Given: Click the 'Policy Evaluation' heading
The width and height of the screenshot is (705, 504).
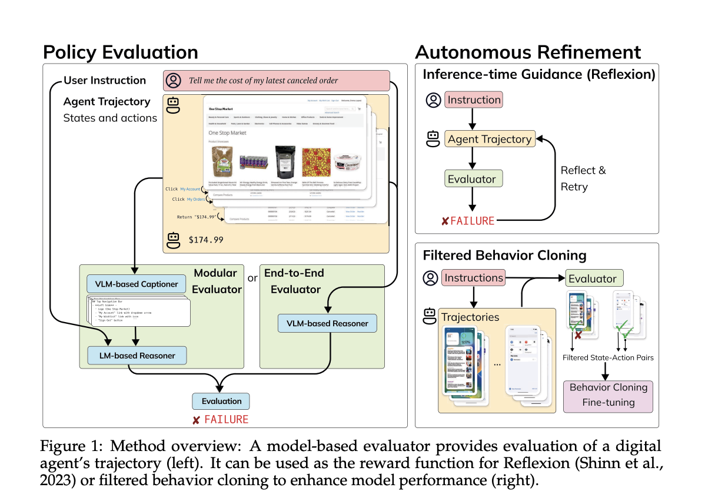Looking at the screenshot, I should [121, 52].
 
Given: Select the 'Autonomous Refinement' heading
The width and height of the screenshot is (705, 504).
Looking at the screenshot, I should [528, 52].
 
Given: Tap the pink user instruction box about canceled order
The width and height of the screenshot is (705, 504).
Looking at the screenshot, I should [277, 81].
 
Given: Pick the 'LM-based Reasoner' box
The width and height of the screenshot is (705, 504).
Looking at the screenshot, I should [136, 355].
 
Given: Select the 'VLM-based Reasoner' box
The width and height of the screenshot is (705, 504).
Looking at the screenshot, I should [327, 323].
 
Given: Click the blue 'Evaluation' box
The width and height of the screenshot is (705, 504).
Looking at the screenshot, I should [221, 401].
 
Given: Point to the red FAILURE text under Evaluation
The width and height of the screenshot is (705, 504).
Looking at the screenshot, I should [221, 420].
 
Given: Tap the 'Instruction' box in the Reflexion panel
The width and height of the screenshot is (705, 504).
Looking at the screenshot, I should [473, 100].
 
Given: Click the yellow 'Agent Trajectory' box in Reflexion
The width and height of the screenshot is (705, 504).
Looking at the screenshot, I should [489, 140].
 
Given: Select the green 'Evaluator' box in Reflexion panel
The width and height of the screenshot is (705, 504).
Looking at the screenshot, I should [473, 179].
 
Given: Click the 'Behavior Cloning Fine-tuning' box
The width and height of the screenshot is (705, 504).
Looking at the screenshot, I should [608, 395].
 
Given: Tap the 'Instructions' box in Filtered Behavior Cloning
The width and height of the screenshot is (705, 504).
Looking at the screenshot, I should [473, 278].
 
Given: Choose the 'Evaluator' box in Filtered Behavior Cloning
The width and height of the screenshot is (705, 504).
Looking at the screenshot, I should [594, 278].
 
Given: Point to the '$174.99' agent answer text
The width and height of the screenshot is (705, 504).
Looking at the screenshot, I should [207, 240].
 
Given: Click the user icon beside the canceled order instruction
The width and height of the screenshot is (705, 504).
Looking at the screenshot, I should [174, 81].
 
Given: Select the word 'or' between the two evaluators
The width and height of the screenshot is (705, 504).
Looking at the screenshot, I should [252, 277].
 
